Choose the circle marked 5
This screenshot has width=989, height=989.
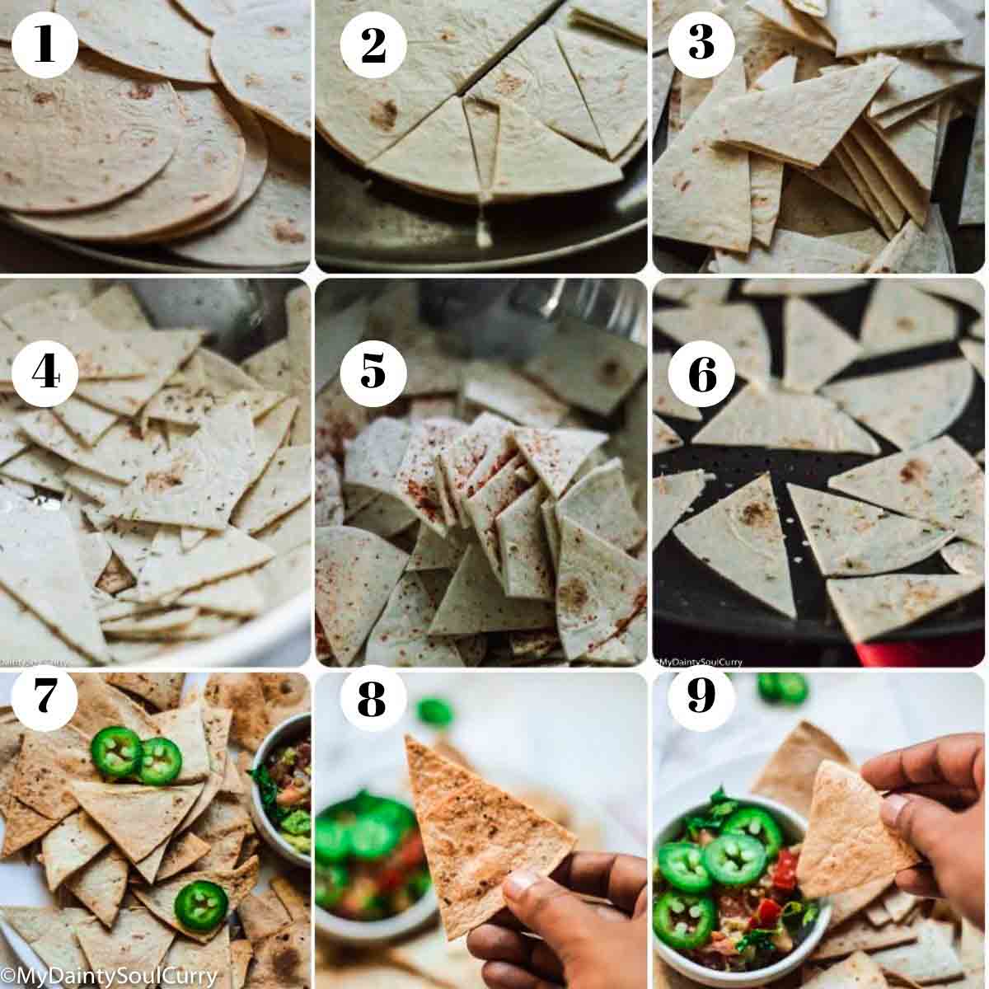click(x=373, y=371)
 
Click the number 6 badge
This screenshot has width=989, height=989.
click(x=702, y=375)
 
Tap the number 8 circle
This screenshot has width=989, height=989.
click(x=372, y=699)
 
